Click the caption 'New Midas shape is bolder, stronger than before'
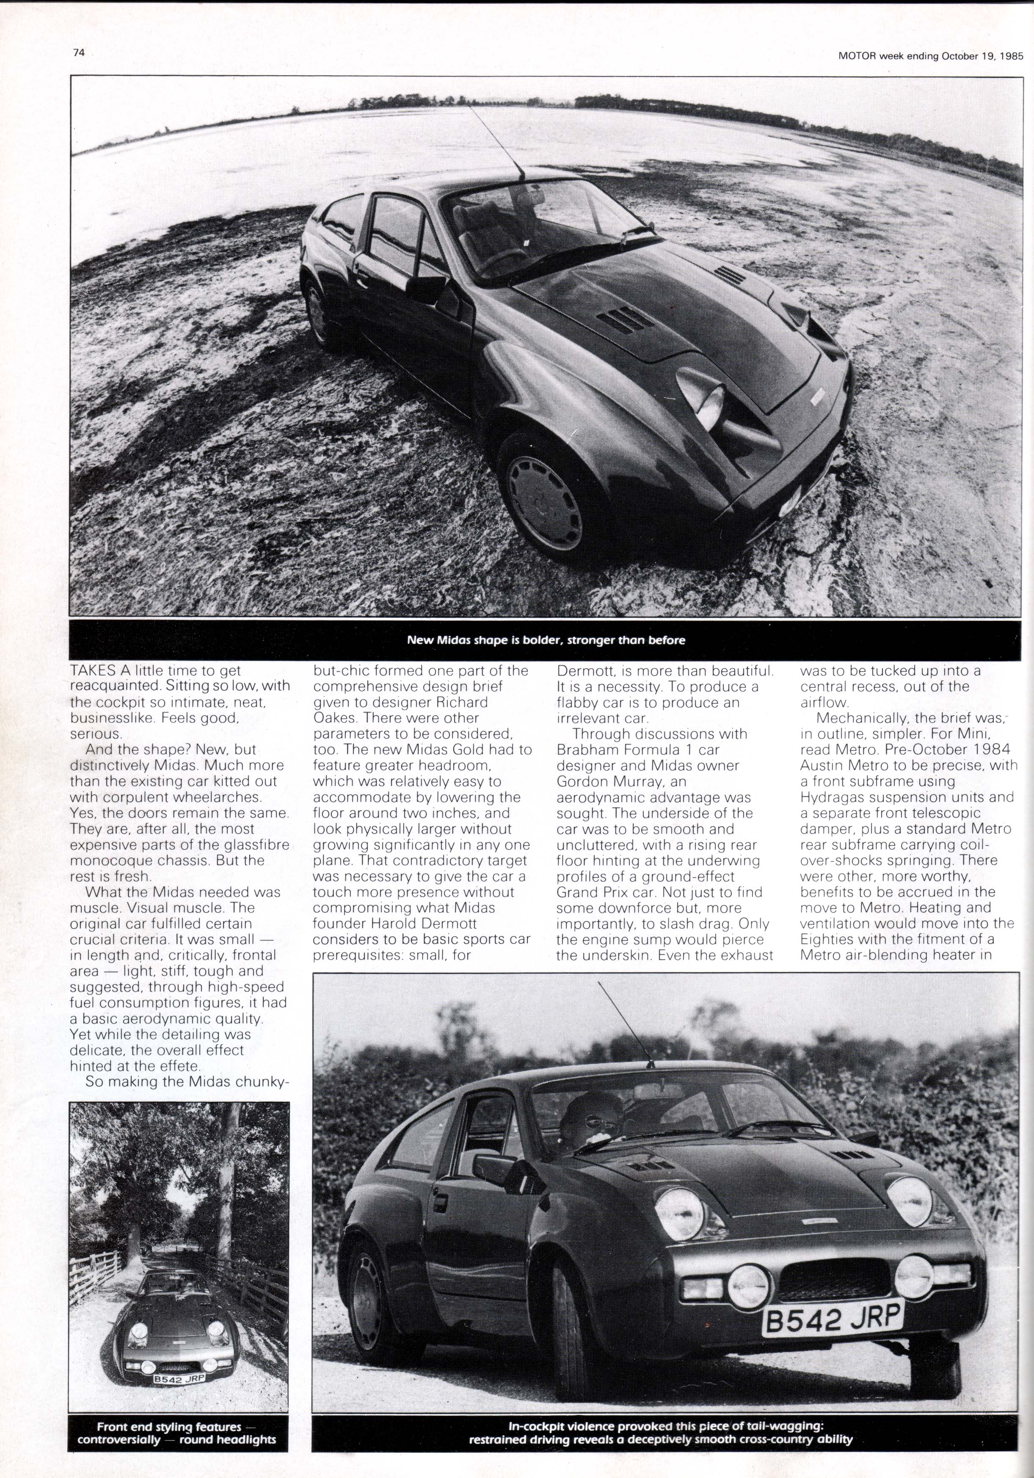tap(545, 640)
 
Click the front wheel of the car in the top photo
tap(544, 500)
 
